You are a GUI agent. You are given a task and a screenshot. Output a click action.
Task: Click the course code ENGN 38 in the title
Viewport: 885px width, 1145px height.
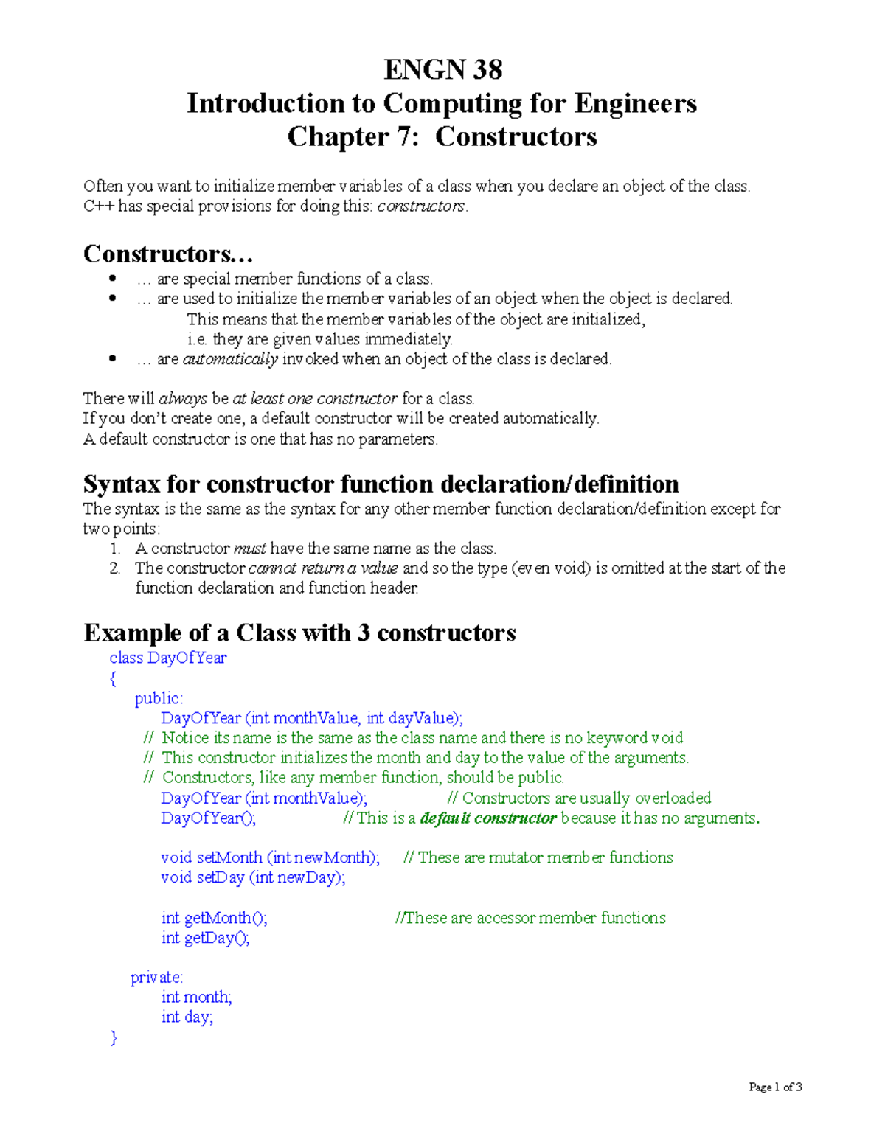coord(442,70)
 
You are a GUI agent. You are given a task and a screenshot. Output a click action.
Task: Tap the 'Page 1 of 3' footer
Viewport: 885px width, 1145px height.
coord(775,1087)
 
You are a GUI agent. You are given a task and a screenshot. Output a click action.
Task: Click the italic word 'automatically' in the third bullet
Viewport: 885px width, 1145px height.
coord(229,359)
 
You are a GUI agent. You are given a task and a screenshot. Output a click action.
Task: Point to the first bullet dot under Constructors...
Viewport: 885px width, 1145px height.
coord(113,279)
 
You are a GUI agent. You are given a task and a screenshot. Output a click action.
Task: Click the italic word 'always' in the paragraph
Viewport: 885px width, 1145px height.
coord(183,399)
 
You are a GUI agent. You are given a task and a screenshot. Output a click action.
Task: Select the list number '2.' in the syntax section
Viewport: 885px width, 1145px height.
coord(115,568)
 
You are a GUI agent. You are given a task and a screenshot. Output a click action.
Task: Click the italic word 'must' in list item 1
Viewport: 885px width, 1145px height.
coord(249,549)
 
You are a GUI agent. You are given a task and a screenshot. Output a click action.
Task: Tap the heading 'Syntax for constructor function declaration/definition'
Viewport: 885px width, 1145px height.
coord(381,484)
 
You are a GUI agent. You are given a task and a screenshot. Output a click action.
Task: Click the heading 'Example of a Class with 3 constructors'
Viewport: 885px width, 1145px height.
coord(299,633)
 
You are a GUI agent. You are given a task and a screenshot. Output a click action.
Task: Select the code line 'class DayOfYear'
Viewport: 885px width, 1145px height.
coord(167,658)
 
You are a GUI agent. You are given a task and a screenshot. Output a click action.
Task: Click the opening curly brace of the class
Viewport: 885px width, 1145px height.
coord(113,678)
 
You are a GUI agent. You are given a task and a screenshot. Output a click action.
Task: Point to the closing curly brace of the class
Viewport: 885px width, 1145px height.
coord(113,1037)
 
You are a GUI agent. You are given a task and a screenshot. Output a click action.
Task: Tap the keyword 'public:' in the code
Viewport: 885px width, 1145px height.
coord(159,698)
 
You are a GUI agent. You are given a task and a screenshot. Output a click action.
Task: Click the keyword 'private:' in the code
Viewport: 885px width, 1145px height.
coord(156,978)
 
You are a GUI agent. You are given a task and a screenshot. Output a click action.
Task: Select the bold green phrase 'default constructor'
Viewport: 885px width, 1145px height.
coord(487,818)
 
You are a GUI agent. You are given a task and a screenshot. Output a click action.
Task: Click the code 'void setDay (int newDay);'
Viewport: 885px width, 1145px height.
coord(253,877)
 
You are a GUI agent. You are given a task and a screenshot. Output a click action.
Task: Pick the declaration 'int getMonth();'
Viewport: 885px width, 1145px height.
coord(214,918)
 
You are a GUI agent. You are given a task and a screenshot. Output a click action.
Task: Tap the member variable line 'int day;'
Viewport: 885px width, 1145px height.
coord(187,1017)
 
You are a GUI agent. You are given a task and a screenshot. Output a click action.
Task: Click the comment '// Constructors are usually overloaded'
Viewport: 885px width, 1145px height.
coord(579,798)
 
